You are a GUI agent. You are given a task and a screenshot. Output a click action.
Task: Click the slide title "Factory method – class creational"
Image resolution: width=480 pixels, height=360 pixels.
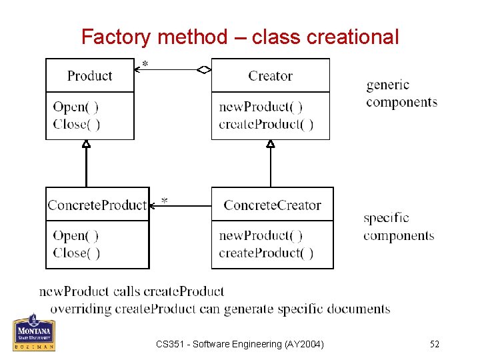click(240, 37)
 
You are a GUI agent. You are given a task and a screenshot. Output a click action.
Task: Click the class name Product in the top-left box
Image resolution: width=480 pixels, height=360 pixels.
click(90, 76)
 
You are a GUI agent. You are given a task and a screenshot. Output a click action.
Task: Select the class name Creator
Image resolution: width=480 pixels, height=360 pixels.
click(270, 76)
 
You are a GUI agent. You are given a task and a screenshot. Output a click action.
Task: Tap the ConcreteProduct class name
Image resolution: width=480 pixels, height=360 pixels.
click(97, 205)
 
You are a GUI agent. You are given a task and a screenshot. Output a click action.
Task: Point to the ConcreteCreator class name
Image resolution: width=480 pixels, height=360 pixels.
click(272, 205)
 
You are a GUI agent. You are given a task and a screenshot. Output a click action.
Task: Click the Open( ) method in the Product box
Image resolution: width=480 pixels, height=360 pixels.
click(75, 107)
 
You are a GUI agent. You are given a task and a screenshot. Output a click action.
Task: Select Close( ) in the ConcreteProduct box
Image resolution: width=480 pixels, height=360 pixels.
click(77, 253)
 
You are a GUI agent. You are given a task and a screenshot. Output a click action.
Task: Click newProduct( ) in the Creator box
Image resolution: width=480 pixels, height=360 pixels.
click(261, 107)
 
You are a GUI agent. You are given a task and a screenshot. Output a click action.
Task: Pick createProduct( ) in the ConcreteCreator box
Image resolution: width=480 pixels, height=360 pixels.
click(266, 253)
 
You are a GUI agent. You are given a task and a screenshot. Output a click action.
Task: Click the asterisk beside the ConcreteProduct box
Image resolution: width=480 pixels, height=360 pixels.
click(164, 201)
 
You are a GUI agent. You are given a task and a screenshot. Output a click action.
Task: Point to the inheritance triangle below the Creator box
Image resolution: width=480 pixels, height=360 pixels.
click(270, 143)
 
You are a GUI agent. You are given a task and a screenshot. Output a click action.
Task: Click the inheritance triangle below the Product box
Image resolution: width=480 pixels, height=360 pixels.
click(86, 143)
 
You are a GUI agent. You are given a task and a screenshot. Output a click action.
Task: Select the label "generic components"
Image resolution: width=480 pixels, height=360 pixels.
click(401, 93)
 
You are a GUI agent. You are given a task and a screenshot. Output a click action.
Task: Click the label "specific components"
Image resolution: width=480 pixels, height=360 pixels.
click(399, 227)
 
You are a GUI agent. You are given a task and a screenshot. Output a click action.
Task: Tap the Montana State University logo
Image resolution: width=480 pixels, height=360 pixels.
click(33, 333)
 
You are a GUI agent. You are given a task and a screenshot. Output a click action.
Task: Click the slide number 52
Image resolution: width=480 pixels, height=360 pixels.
click(434, 344)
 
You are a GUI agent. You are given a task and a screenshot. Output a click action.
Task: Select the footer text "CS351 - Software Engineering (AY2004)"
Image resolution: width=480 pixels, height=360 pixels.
click(240, 344)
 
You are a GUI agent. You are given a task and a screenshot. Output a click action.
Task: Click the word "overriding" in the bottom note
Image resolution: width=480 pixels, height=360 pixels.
click(81, 309)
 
